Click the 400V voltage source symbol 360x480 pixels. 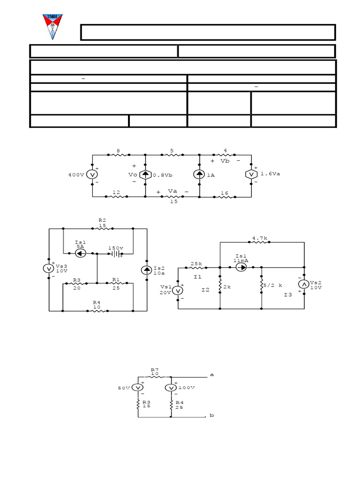click(92, 175)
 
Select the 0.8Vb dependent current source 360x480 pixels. click(145, 175)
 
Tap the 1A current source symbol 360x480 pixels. click(199, 175)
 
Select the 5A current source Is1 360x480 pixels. click(80, 254)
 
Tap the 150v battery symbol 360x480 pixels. click(115, 254)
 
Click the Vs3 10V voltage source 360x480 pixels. click(48, 269)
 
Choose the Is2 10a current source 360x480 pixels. click(147, 270)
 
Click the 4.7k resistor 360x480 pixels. click(260, 243)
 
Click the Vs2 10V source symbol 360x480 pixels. click(304, 284)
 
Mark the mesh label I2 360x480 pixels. click(205, 290)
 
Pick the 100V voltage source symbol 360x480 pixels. click(171, 388)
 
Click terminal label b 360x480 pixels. click(211, 416)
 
